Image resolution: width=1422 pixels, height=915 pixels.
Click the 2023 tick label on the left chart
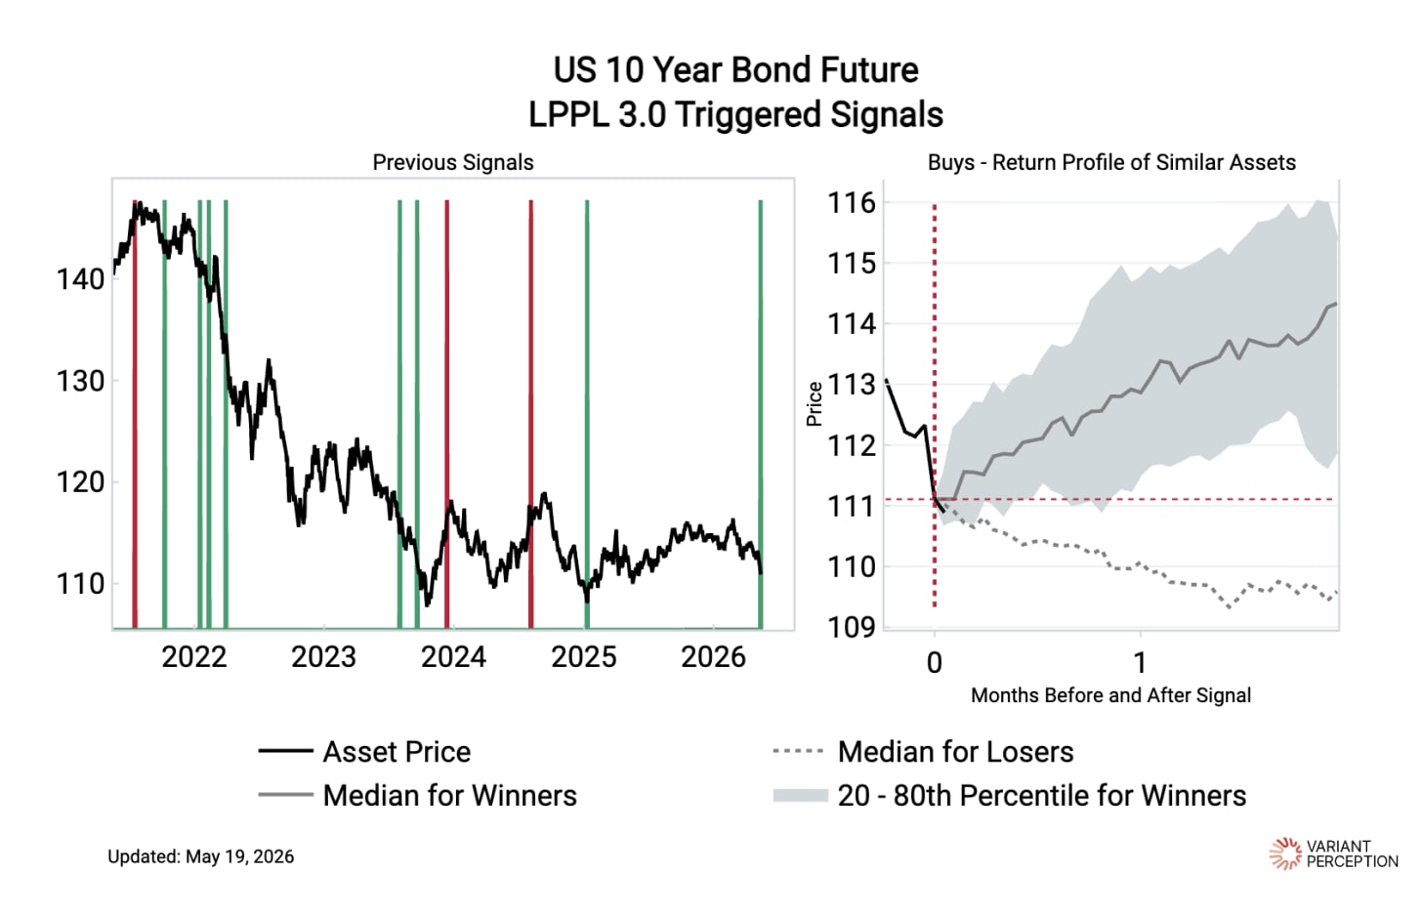[x=324, y=657]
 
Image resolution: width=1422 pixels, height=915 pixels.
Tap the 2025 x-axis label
[x=583, y=657]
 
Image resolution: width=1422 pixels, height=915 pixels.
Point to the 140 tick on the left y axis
[x=81, y=279]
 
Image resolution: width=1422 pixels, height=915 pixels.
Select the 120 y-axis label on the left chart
[x=81, y=482]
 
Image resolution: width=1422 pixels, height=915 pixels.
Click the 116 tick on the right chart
[x=852, y=203]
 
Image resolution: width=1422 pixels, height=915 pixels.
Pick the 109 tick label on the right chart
[x=852, y=627]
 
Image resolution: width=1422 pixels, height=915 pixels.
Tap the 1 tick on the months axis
[x=1140, y=663]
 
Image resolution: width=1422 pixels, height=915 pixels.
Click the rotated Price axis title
[x=814, y=404]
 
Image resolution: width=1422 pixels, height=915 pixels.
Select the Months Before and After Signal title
[x=1111, y=695]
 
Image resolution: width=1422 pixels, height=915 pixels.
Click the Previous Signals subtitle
[x=452, y=162]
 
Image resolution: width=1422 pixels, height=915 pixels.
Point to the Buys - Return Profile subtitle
[x=1111, y=162]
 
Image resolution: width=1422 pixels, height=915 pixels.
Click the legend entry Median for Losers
[x=955, y=752]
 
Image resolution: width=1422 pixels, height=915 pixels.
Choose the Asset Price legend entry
[x=397, y=752]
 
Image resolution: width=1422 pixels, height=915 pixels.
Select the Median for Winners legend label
[x=450, y=796]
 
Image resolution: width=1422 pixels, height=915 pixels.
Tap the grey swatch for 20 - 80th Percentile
[x=801, y=796]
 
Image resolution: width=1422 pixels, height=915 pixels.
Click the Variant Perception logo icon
[x=1285, y=853]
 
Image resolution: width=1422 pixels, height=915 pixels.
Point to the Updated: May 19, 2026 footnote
[x=200, y=856]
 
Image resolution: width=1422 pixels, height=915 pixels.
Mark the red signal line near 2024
[x=447, y=414]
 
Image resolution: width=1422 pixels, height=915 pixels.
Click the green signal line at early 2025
[x=587, y=414]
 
